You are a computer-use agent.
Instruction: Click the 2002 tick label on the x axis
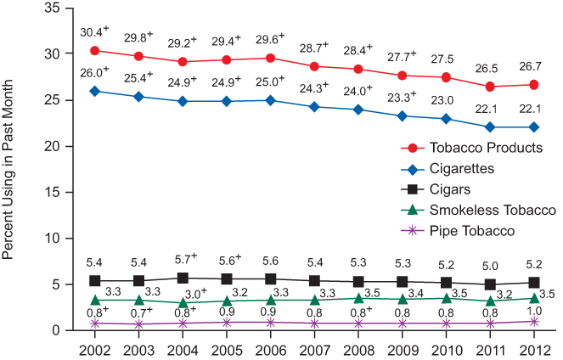94,350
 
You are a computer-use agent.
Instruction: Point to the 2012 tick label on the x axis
533,350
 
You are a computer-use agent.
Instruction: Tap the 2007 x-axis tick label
314,350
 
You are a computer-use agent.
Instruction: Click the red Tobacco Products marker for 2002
94,51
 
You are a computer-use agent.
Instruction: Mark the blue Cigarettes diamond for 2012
533,127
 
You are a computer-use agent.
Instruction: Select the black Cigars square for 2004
183,278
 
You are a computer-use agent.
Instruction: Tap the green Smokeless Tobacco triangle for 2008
358,298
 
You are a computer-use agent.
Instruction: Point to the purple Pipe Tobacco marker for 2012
533,321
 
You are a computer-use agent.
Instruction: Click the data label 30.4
90,32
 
